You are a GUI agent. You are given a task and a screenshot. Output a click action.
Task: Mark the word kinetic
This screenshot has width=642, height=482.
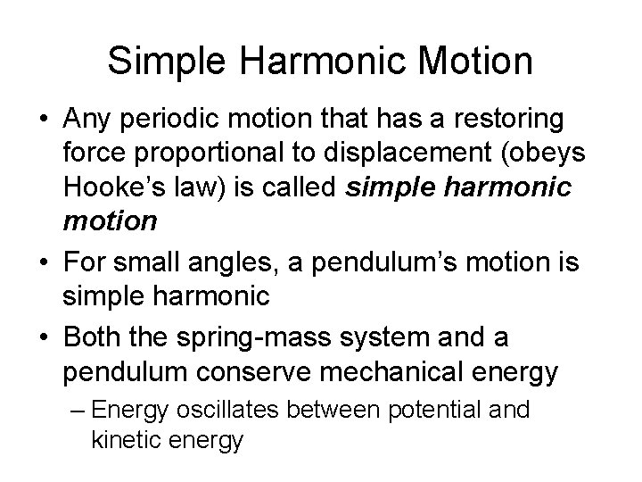click(123, 441)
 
